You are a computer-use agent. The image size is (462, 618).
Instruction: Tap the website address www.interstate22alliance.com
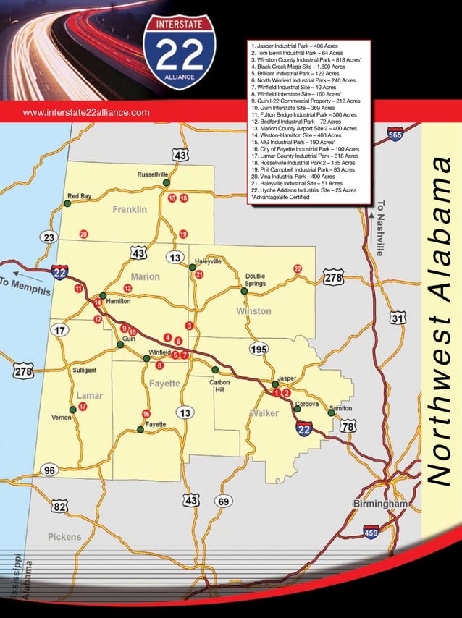[x=86, y=112]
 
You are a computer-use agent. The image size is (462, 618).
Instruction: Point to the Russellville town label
[x=153, y=174]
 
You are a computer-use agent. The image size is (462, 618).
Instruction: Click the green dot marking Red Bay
[x=67, y=204]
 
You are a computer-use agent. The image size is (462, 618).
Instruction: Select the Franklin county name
[x=130, y=209]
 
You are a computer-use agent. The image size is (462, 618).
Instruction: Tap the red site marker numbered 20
[x=84, y=234]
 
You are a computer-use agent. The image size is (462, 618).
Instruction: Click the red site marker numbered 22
[x=298, y=268]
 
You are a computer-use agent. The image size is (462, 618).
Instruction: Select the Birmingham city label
[x=380, y=503]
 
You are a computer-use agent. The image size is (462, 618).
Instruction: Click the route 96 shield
[x=49, y=470]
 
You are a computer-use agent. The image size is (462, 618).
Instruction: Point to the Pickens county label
[x=64, y=537]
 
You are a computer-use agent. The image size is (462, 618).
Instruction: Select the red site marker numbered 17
[x=83, y=407]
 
